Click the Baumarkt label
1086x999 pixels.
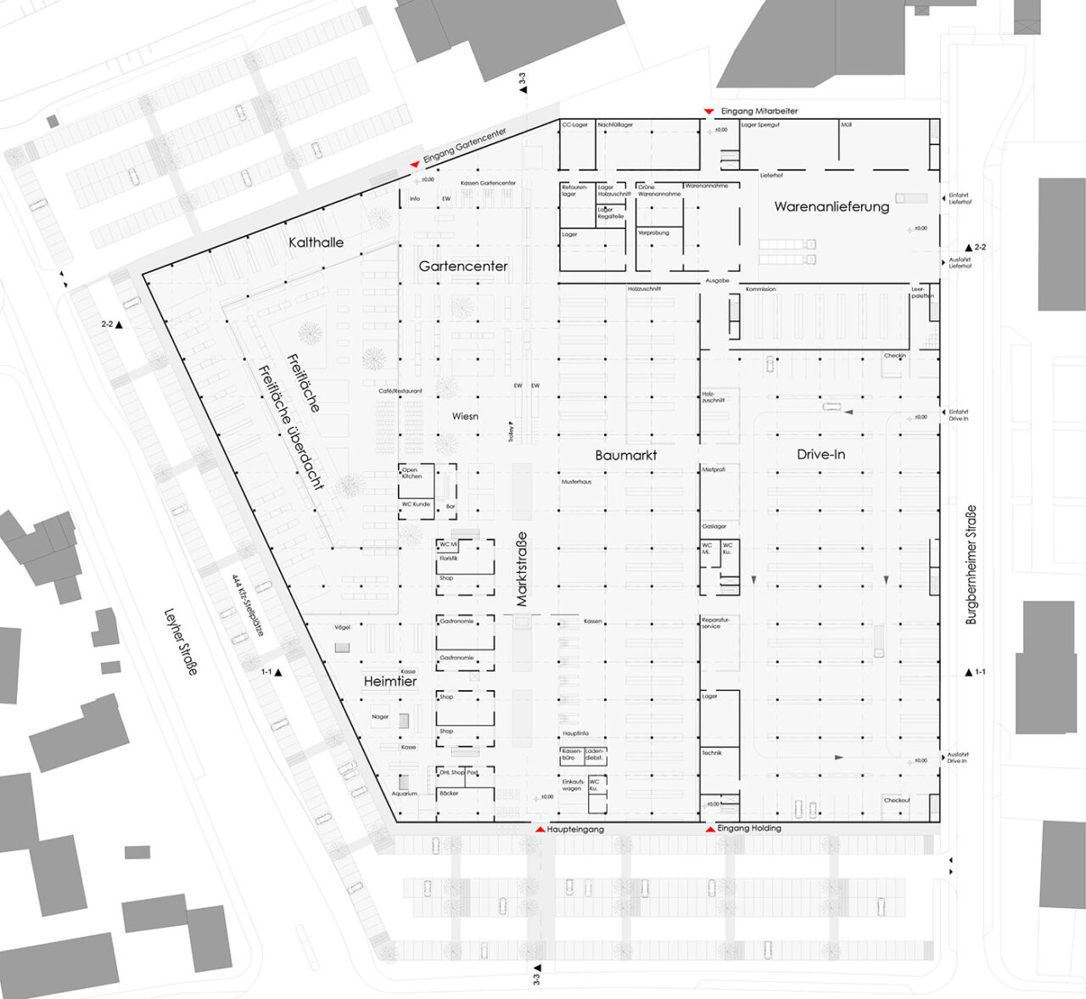tap(626, 456)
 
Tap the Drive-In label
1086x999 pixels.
tap(820, 455)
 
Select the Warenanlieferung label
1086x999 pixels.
tap(831, 206)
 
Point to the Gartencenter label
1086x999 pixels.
tap(463, 267)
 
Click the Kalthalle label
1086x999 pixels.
tap(316, 243)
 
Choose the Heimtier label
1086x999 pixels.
tap(390, 682)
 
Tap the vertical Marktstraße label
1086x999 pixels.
tap(522, 569)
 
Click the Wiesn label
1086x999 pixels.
tap(465, 417)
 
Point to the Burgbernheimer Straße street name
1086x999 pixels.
tap(971, 564)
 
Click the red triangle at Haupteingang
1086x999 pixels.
tap(540, 828)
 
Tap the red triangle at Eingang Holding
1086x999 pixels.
tap(710, 828)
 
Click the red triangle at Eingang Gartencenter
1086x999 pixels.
tap(414, 164)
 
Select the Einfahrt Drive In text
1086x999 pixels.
tap(958, 415)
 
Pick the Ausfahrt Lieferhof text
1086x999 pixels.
tap(960, 263)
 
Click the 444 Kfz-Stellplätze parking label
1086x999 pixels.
tap(248, 605)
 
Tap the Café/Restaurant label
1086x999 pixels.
tap(400, 391)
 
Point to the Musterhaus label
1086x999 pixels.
tap(576, 482)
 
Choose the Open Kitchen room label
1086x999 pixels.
tap(411, 473)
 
